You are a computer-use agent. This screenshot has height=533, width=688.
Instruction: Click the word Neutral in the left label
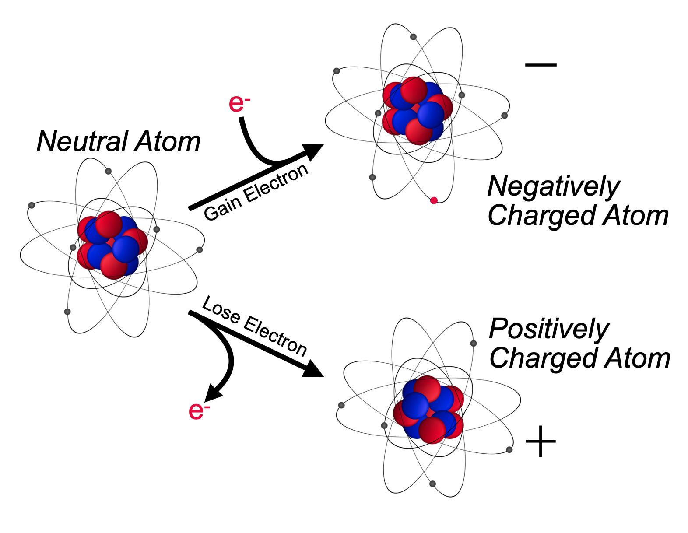[82, 142]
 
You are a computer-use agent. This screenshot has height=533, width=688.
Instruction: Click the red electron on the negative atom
[434, 200]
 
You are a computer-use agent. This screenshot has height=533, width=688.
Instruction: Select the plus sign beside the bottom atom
[541, 441]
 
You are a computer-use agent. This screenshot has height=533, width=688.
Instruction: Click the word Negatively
[554, 186]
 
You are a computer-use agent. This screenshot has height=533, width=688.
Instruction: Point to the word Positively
[549, 329]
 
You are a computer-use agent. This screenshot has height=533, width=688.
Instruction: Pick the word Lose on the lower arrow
[221, 310]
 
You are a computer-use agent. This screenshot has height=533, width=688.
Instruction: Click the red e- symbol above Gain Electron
[239, 103]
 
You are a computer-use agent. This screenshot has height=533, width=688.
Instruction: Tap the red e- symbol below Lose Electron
[199, 410]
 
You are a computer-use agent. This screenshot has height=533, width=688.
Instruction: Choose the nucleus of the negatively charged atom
[418, 111]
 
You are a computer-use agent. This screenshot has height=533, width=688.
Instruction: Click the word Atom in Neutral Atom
[168, 142]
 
